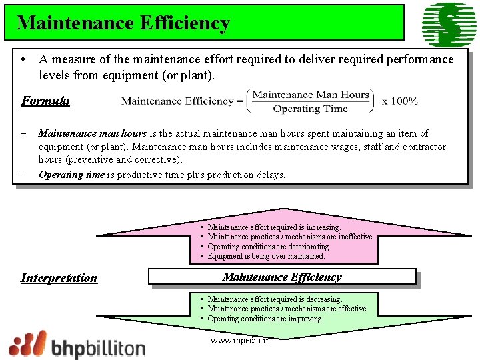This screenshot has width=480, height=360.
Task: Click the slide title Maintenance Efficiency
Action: pyautogui.click(x=123, y=23)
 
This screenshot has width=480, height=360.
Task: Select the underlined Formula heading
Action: pyautogui.click(x=45, y=101)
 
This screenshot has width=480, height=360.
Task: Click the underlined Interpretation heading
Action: pyautogui.click(x=59, y=278)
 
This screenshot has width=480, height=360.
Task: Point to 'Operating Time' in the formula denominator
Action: pyautogui.click(x=310, y=109)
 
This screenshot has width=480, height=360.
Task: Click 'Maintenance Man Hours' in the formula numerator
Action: pyautogui.click(x=311, y=95)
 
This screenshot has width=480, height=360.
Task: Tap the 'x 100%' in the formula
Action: pyautogui.click(x=400, y=101)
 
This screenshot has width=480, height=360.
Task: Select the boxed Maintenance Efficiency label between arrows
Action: pyautogui.click(x=282, y=277)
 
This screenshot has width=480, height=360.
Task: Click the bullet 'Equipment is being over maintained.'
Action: pyautogui.click(x=266, y=256)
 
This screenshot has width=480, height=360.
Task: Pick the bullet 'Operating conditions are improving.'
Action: pyautogui.click(x=265, y=319)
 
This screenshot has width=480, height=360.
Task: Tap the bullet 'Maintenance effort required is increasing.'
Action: pyautogui.click(x=274, y=227)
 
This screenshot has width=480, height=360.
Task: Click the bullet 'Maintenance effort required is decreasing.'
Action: pyautogui.click(x=275, y=299)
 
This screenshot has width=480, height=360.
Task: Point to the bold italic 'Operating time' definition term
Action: pyautogui.click(x=71, y=175)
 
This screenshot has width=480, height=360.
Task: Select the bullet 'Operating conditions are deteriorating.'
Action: pyautogui.click(x=269, y=247)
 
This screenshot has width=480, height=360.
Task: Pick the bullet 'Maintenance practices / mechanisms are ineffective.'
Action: pyautogui.click(x=291, y=237)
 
